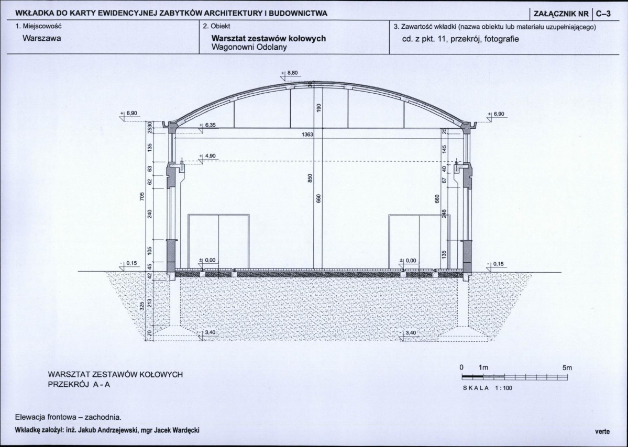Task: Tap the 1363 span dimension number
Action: (x=307, y=135)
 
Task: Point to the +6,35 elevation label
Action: (x=208, y=125)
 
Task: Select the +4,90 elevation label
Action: (x=208, y=156)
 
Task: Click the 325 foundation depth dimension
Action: (x=141, y=307)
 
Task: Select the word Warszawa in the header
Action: (x=42, y=38)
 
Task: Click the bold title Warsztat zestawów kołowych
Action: (x=269, y=38)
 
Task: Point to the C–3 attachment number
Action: (x=603, y=13)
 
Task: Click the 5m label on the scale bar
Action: (x=567, y=368)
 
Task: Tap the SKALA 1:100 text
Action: (x=488, y=388)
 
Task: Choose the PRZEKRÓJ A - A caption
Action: (x=79, y=385)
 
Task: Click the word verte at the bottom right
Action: (x=602, y=431)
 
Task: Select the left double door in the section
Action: (x=219, y=241)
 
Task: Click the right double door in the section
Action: (x=420, y=241)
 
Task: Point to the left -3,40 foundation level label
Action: (x=208, y=332)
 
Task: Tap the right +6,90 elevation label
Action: (x=498, y=114)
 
